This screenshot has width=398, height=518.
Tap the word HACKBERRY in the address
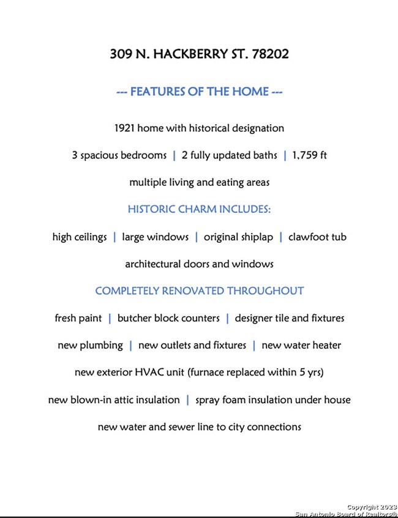tap(190, 54)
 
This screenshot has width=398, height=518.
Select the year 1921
tap(124, 128)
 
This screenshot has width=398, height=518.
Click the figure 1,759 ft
tap(310, 155)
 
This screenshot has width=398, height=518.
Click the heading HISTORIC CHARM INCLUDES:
tap(199, 209)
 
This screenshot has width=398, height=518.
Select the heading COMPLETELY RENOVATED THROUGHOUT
tap(199, 291)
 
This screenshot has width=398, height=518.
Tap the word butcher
tap(135, 318)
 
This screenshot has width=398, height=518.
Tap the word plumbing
tap(101, 346)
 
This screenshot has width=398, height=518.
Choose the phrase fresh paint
tap(78, 318)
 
